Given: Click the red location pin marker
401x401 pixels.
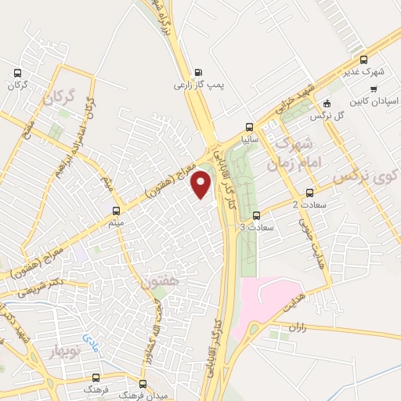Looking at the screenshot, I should pyautogui.click(x=202, y=184).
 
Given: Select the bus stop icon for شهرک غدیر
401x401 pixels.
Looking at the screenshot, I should pyautogui.click(x=363, y=59).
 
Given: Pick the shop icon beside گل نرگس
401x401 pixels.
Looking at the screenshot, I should pyautogui.click(x=327, y=103).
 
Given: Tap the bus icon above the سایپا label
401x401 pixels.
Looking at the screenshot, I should pyautogui.click(x=249, y=127).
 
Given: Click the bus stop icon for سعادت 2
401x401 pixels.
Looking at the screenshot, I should pyautogui.click(x=309, y=192).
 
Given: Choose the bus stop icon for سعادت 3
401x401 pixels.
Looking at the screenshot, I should pyautogui.click(x=257, y=215).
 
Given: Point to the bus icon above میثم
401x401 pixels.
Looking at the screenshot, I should pyautogui.click(x=117, y=211).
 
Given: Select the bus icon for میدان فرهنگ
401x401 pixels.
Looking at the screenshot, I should pyautogui.click(x=142, y=385).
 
